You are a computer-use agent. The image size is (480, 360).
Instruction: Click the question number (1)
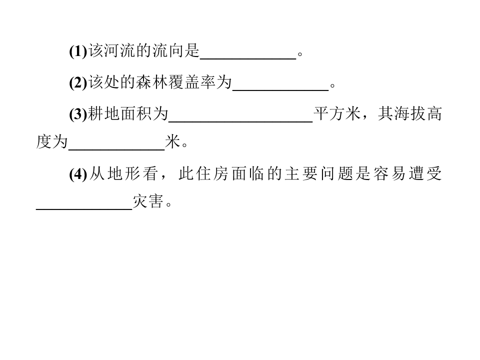[x=78, y=51]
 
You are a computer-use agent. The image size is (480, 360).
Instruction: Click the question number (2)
[x=78, y=82]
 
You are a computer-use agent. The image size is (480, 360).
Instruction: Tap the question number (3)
[x=78, y=114]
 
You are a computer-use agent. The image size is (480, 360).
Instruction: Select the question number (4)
[x=78, y=174]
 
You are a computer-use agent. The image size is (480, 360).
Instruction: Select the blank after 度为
[x=117, y=150]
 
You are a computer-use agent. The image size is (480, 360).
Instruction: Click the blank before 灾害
[x=84, y=209]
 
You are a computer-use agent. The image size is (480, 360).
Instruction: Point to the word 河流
[x=112, y=51]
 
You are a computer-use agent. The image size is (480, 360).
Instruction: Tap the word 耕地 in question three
[x=104, y=114]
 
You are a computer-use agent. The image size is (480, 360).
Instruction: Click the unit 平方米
[x=337, y=114]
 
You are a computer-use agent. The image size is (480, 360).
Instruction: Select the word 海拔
[x=409, y=114]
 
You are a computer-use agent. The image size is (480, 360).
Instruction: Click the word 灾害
[x=148, y=201]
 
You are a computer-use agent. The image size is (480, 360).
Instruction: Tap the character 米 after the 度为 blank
[x=173, y=142]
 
